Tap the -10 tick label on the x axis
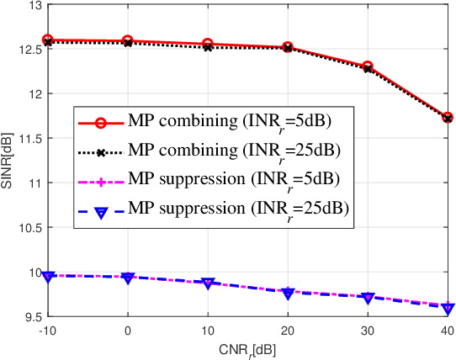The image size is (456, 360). pyautogui.click(x=48, y=331)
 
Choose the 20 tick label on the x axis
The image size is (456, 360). pyautogui.click(x=288, y=331)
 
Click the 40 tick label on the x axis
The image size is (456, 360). pyautogui.click(x=448, y=331)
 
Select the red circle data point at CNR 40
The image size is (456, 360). pyautogui.click(x=448, y=118)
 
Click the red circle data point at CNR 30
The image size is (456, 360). pyautogui.click(x=368, y=66)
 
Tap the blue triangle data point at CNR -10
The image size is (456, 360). pyautogui.click(x=48, y=276)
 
